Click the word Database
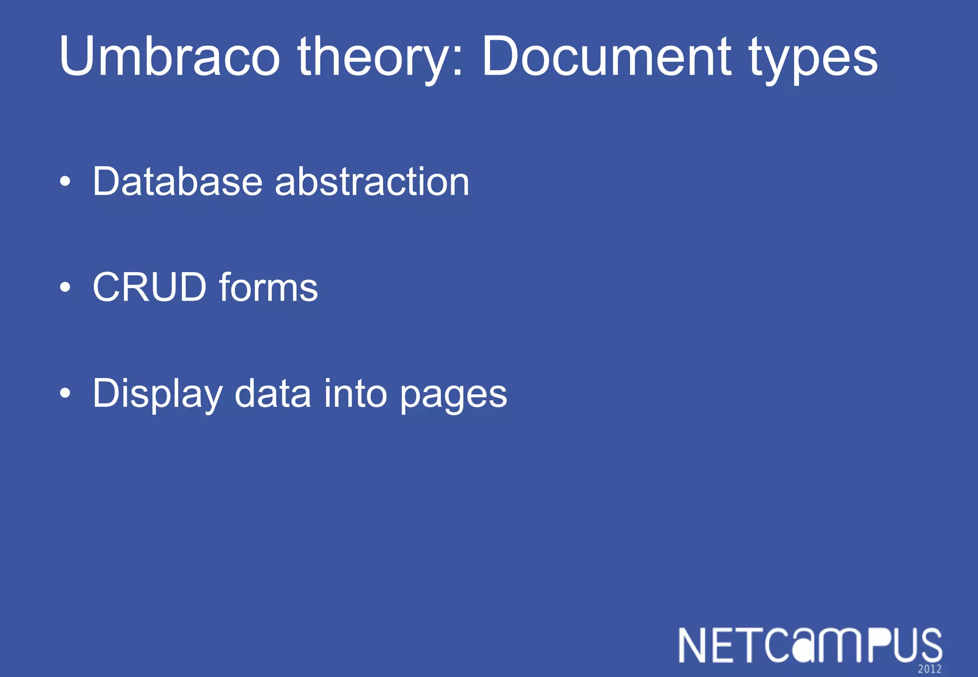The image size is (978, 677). pyautogui.click(x=177, y=181)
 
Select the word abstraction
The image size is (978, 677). pyautogui.click(x=372, y=181)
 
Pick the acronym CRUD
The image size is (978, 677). pyautogui.click(x=149, y=287)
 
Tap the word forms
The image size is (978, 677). pyautogui.click(x=268, y=287)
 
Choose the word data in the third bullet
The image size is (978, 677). pyautogui.click(x=273, y=393)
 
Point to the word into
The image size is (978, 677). pyautogui.click(x=355, y=393)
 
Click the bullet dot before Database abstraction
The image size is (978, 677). pyautogui.click(x=65, y=182)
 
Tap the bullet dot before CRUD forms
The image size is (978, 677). pyautogui.click(x=65, y=287)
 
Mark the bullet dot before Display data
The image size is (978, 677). pyautogui.click(x=65, y=393)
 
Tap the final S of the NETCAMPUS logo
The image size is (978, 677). pyautogui.click(x=929, y=645)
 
